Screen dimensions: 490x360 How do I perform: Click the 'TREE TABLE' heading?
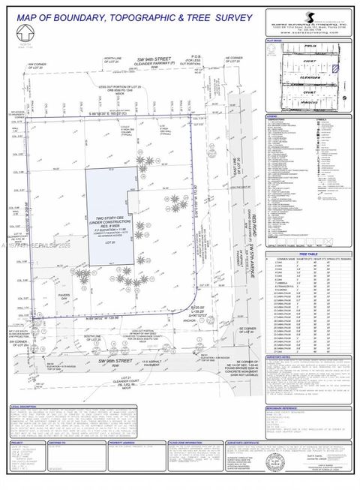(x=307, y=254)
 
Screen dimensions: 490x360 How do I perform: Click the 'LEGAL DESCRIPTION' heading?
(x=25, y=407)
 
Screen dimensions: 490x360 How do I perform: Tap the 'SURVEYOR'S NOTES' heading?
(x=281, y=357)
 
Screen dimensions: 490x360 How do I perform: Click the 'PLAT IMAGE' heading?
(x=274, y=41)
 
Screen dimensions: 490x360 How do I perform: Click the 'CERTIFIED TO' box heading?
(x=57, y=443)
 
